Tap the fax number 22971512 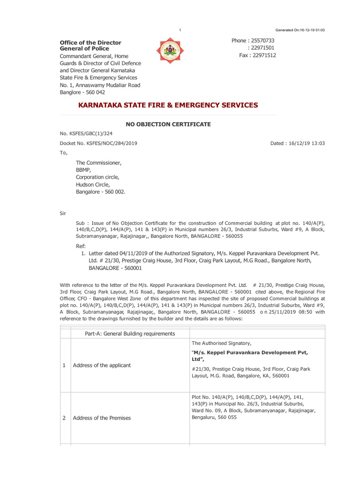pos(264,55)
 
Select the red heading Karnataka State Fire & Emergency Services pos(168,105)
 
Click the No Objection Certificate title pos(167,124)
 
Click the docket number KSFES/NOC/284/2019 pos(98,143)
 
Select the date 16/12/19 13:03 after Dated pos(307,143)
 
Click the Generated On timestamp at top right pos(300,30)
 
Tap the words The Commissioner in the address pos(98,163)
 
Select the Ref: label pos(81,246)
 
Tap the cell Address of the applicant pos(102,365)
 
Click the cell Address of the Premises pos(102,418)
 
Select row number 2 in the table pos(64,418)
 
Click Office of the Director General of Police pos(90,45)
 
